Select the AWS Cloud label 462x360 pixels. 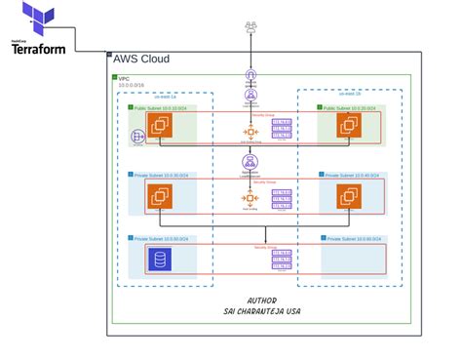point(142,60)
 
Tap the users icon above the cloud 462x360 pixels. point(250,23)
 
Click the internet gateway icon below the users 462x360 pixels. point(250,74)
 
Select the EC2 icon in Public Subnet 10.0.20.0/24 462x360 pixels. point(346,125)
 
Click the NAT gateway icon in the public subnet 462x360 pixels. point(136,137)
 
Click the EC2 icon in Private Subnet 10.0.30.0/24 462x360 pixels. point(159,197)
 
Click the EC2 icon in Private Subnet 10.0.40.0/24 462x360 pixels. point(346,197)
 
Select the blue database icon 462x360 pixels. point(159,260)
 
